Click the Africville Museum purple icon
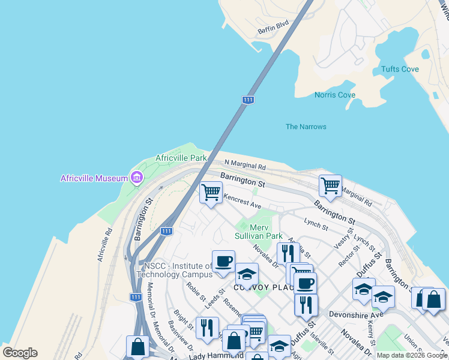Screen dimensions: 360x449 137,178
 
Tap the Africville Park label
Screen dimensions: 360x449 181,158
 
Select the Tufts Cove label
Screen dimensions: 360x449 400,69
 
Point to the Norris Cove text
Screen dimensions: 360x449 335,95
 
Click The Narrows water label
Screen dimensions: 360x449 306,127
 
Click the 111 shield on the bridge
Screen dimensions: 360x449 247,100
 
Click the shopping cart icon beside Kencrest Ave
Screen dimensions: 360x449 211,193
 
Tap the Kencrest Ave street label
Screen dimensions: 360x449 243,201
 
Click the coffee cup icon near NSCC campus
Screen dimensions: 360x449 223,261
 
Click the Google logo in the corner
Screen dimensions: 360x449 20,353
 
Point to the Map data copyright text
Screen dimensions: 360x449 412,355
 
